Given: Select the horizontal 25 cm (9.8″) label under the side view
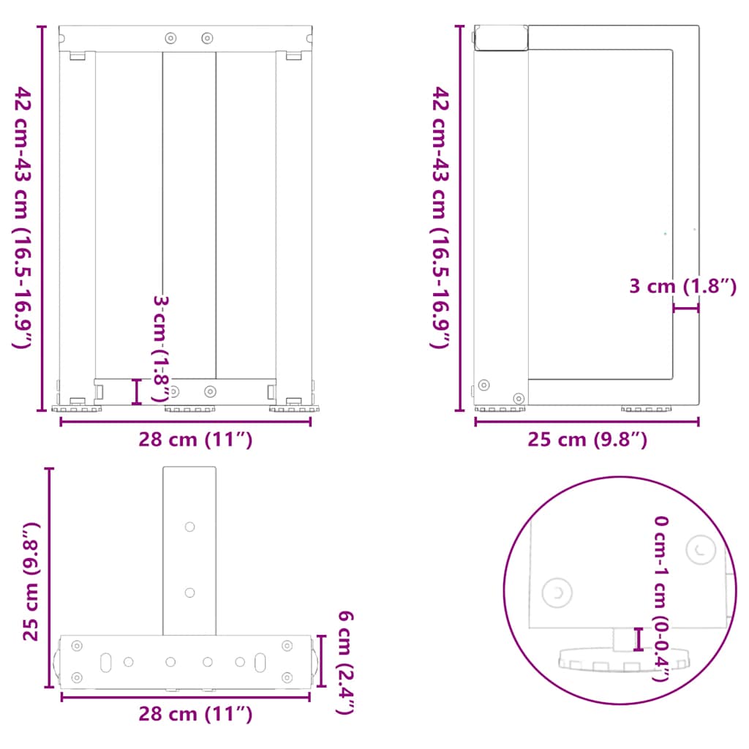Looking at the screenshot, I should pyautogui.click(x=587, y=440).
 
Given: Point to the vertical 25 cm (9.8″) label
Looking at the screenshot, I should pyautogui.click(x=30, y=581).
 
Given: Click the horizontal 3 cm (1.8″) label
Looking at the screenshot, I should pyautogui.click(x=682, y=287).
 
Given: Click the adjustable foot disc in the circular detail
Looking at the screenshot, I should pyautogui.click(x=624, y=661).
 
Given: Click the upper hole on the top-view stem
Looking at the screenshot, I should pyautogui.click(x=189, y=526).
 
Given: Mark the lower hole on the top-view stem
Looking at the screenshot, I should pyautogui.click(x=189, y=592).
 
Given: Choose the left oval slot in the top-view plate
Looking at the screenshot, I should pyautogui.click(x=106, y=661).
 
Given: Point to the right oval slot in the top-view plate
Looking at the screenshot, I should pyautogui.click(x=260, y=661).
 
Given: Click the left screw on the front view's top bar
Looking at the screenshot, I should pyautogui.click(x=171, y=37).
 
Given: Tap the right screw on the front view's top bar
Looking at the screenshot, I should pyautogui.click(x=207, y=37).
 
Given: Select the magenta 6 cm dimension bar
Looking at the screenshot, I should pyautogui.click(x=321, y=660).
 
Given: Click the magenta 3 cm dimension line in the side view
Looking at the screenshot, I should pyautogui.click(x=686, y=309).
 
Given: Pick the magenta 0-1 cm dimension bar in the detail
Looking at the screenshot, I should pyautogui.click(x=639, y=639).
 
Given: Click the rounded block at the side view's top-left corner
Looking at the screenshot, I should pyautogui.click(x=501, y=38).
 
